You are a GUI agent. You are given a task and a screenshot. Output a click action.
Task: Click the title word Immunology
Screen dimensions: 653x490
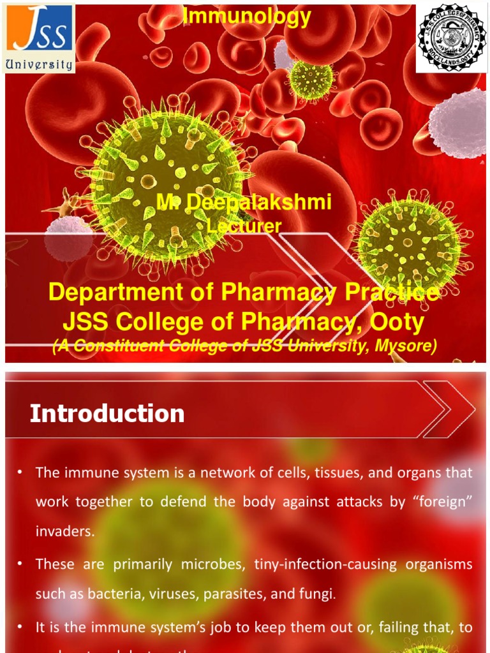247,17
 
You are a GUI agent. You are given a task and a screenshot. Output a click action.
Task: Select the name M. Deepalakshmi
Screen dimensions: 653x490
244,203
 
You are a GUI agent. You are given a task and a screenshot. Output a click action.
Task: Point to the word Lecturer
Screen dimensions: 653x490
244,225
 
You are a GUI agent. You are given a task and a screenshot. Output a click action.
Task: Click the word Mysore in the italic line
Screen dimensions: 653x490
405,346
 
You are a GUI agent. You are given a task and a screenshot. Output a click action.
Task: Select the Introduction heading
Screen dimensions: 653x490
107,414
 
